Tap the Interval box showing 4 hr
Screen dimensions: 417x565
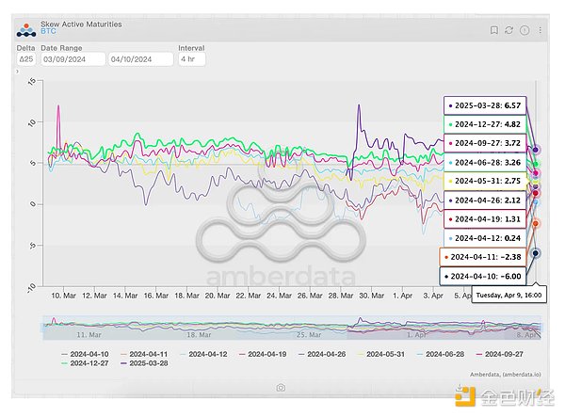tap(192, 58)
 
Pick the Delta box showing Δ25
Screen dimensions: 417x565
tap(27, 58)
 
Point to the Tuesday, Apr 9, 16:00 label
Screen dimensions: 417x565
tap(507, 295)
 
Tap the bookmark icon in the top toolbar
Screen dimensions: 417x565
tap(492, 29)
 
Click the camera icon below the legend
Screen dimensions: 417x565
tap(281, 387)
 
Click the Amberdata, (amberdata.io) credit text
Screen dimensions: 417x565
tap(498, 375)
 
